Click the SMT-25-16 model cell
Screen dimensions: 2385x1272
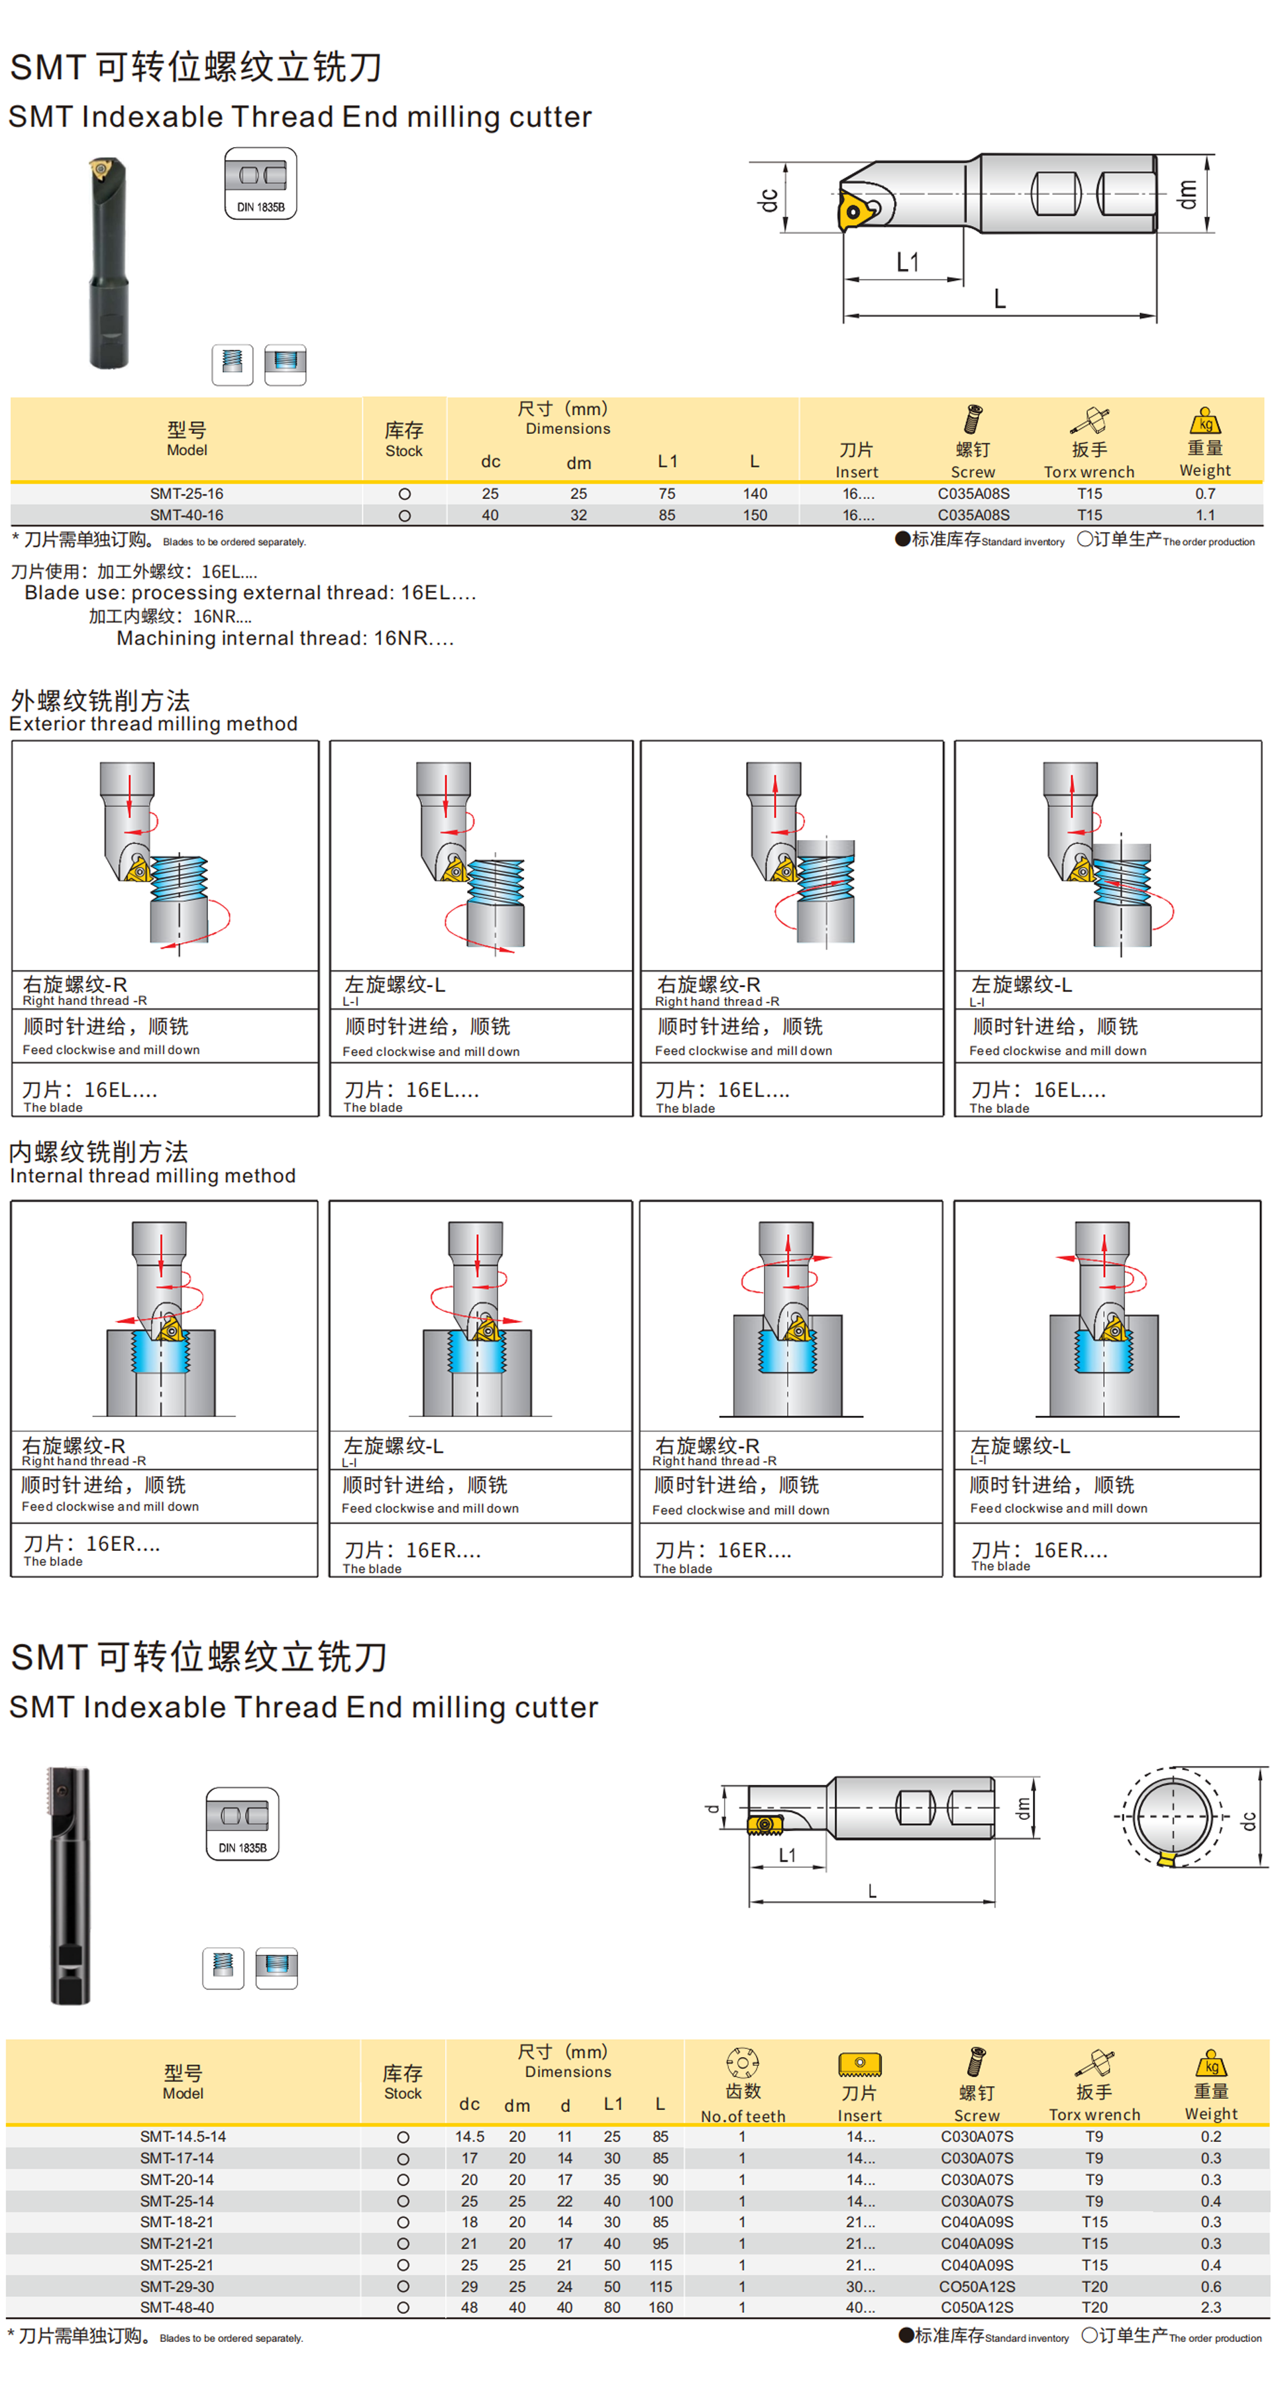pyautogui.click(x=186, y=494)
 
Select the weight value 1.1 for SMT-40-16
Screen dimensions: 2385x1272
pyautogui.click(x=1204, y=515)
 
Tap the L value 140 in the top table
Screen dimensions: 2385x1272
pyautogui.click(x=755, y=494)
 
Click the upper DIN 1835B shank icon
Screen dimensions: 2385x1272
pyautogui.click(x=261, y=184)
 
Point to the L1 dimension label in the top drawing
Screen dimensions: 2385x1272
pyautogui.click(x=907, y=263)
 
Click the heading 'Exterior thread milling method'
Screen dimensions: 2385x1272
pyautogui.click(x=154, y=724)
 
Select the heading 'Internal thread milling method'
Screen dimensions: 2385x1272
pyautogui.click(x=153, y=1176)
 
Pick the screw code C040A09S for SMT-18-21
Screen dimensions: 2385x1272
pyautogui.click(x=977, y=2222)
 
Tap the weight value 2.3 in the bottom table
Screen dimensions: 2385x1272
pyautogui.click(x=1210, y=2307)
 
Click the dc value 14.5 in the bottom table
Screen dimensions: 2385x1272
pyautogui.click(x=469, y=2137)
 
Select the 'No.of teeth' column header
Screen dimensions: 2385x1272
pyautogui.click(x=743, y=2115)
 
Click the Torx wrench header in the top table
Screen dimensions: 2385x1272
pyautogui.click(x=1088, y=471)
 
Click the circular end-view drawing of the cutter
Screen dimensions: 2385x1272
pyautogui.click(x=1172, y=1817)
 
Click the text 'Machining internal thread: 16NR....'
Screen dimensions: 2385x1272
pyautogui.click(x=285, y=638)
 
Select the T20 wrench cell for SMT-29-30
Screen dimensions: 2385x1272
pyautogui.click(x=1094, y=2286)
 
